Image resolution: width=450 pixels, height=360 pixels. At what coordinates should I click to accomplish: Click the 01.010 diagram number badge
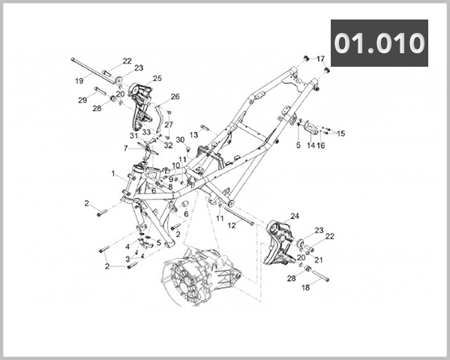pyautogui.click(x=379, y=43)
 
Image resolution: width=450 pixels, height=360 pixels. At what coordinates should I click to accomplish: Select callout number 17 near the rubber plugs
pyautogui.click(x=320, y=58)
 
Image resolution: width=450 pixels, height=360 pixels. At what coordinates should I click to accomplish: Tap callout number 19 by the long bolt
pyautogui.click(x=79, y=81)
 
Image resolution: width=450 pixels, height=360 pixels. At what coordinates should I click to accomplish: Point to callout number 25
pyautogui.click(x=157, y=78)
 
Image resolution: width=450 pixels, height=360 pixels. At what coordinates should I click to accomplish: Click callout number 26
pyautogui.click(x=175, y=97)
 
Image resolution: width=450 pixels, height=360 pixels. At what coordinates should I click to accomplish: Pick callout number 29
pyautogui.click(x=82, y=100)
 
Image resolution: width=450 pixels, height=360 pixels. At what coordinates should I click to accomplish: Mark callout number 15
pyautogui.click(x=341, y=133)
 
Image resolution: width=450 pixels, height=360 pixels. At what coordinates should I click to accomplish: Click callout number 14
pyautogui.click(x=310, y=145)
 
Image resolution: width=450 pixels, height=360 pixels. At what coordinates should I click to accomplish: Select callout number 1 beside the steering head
pyautogui.click(x=114, y=174)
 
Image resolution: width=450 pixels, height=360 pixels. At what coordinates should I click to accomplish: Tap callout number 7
pyautogui.click(x=126, y=148)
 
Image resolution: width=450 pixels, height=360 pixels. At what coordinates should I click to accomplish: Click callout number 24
pyautogui.click(x=295, y=216)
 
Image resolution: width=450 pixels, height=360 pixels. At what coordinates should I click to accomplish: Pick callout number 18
pyautogui.click(x=305, y=287)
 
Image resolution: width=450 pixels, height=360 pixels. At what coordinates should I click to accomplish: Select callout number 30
pyautogui.click(x=180, y=140)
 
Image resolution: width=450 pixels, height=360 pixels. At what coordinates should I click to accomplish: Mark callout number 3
pyautogui.click(x=127, y=259)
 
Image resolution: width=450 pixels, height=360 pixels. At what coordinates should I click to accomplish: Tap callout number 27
pyautogui.click(x=169, y=124)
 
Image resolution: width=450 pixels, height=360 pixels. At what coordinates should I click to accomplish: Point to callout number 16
pyautogui.click(x=321, y=145)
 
